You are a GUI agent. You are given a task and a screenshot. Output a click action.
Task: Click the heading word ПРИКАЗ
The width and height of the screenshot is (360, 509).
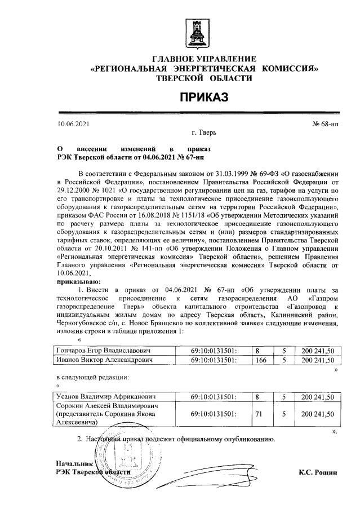[x=204, y=98]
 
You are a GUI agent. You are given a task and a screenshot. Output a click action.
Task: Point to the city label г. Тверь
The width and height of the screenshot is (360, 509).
[x=203, y=133]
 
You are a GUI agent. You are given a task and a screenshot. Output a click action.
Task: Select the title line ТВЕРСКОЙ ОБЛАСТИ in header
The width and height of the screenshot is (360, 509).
[x=204, y=78]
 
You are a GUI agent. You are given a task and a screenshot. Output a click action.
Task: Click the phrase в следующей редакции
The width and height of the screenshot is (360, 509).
[x=92, y=376]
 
